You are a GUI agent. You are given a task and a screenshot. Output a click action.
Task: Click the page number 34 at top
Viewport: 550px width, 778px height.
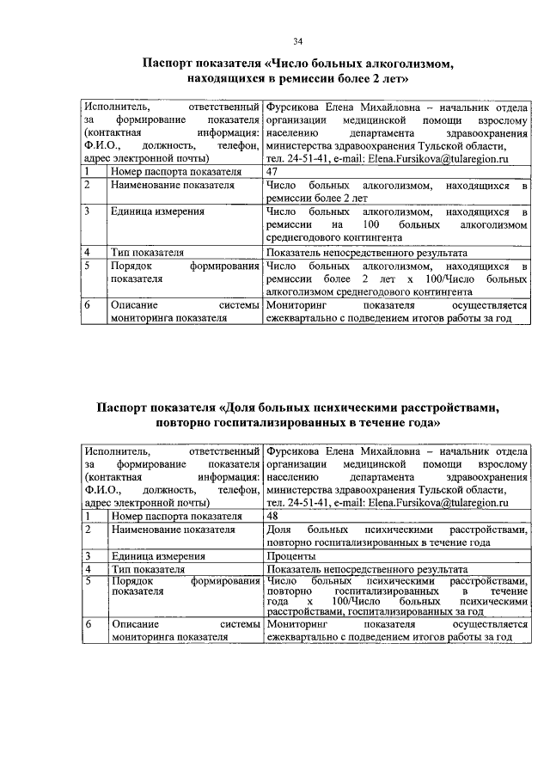point(297,40)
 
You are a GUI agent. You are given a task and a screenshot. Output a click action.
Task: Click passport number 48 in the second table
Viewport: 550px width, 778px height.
point(274,516)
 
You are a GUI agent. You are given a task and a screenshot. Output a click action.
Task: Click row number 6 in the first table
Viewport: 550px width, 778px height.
point(88,305)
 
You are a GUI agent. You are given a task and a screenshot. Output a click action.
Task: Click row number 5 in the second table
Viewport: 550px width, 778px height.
point(88,582)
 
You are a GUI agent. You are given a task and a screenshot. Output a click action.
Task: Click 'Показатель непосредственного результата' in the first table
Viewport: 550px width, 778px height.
point(367,253)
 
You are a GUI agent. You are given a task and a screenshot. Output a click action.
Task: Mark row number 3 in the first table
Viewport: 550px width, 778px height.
point(88,211)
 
